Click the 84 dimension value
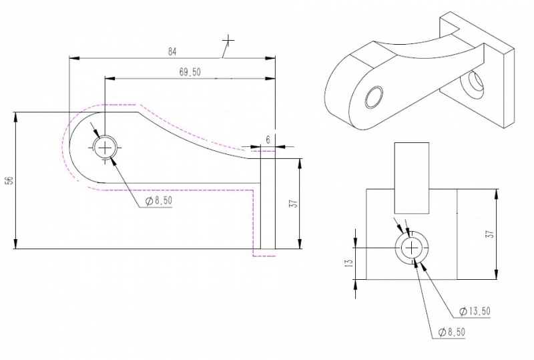pos(172,52)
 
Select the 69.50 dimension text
pos(190,72)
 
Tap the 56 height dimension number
pos(10,180)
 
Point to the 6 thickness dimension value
pos(268,140)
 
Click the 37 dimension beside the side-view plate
pos(294,203)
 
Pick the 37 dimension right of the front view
pos(490,234)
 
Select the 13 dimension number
pos(349,263)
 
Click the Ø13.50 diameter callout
pos(475,311)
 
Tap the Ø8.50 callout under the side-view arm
pos(159,201)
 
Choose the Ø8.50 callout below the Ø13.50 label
pos(452,332)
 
